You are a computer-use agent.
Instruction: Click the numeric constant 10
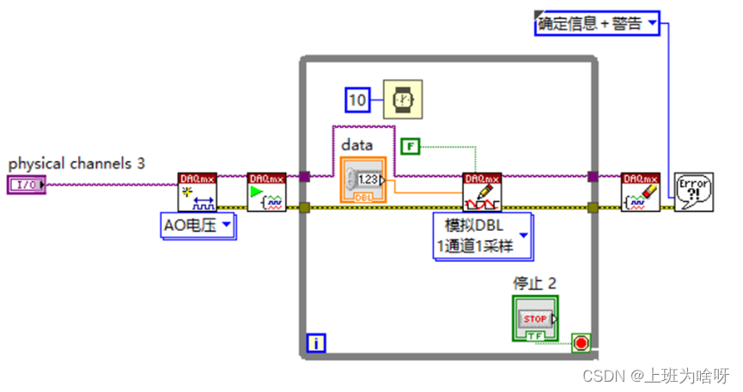point(357,100)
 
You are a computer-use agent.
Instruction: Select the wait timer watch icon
point(402,100)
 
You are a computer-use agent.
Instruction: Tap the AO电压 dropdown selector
point(198,226)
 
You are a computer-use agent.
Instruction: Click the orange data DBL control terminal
point(363,179)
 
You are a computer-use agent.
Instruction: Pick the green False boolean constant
point(411,147)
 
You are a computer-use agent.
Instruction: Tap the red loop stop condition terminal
point(582,343)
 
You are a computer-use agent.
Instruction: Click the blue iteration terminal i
point(317,344)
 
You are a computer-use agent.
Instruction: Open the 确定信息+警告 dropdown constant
point(596,24)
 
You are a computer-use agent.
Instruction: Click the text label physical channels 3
point(76,162)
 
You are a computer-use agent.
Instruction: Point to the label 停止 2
point(534,282)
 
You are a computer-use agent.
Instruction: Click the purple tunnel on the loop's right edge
point(593,178)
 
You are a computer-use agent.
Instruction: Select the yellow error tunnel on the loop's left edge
point(304,207)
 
